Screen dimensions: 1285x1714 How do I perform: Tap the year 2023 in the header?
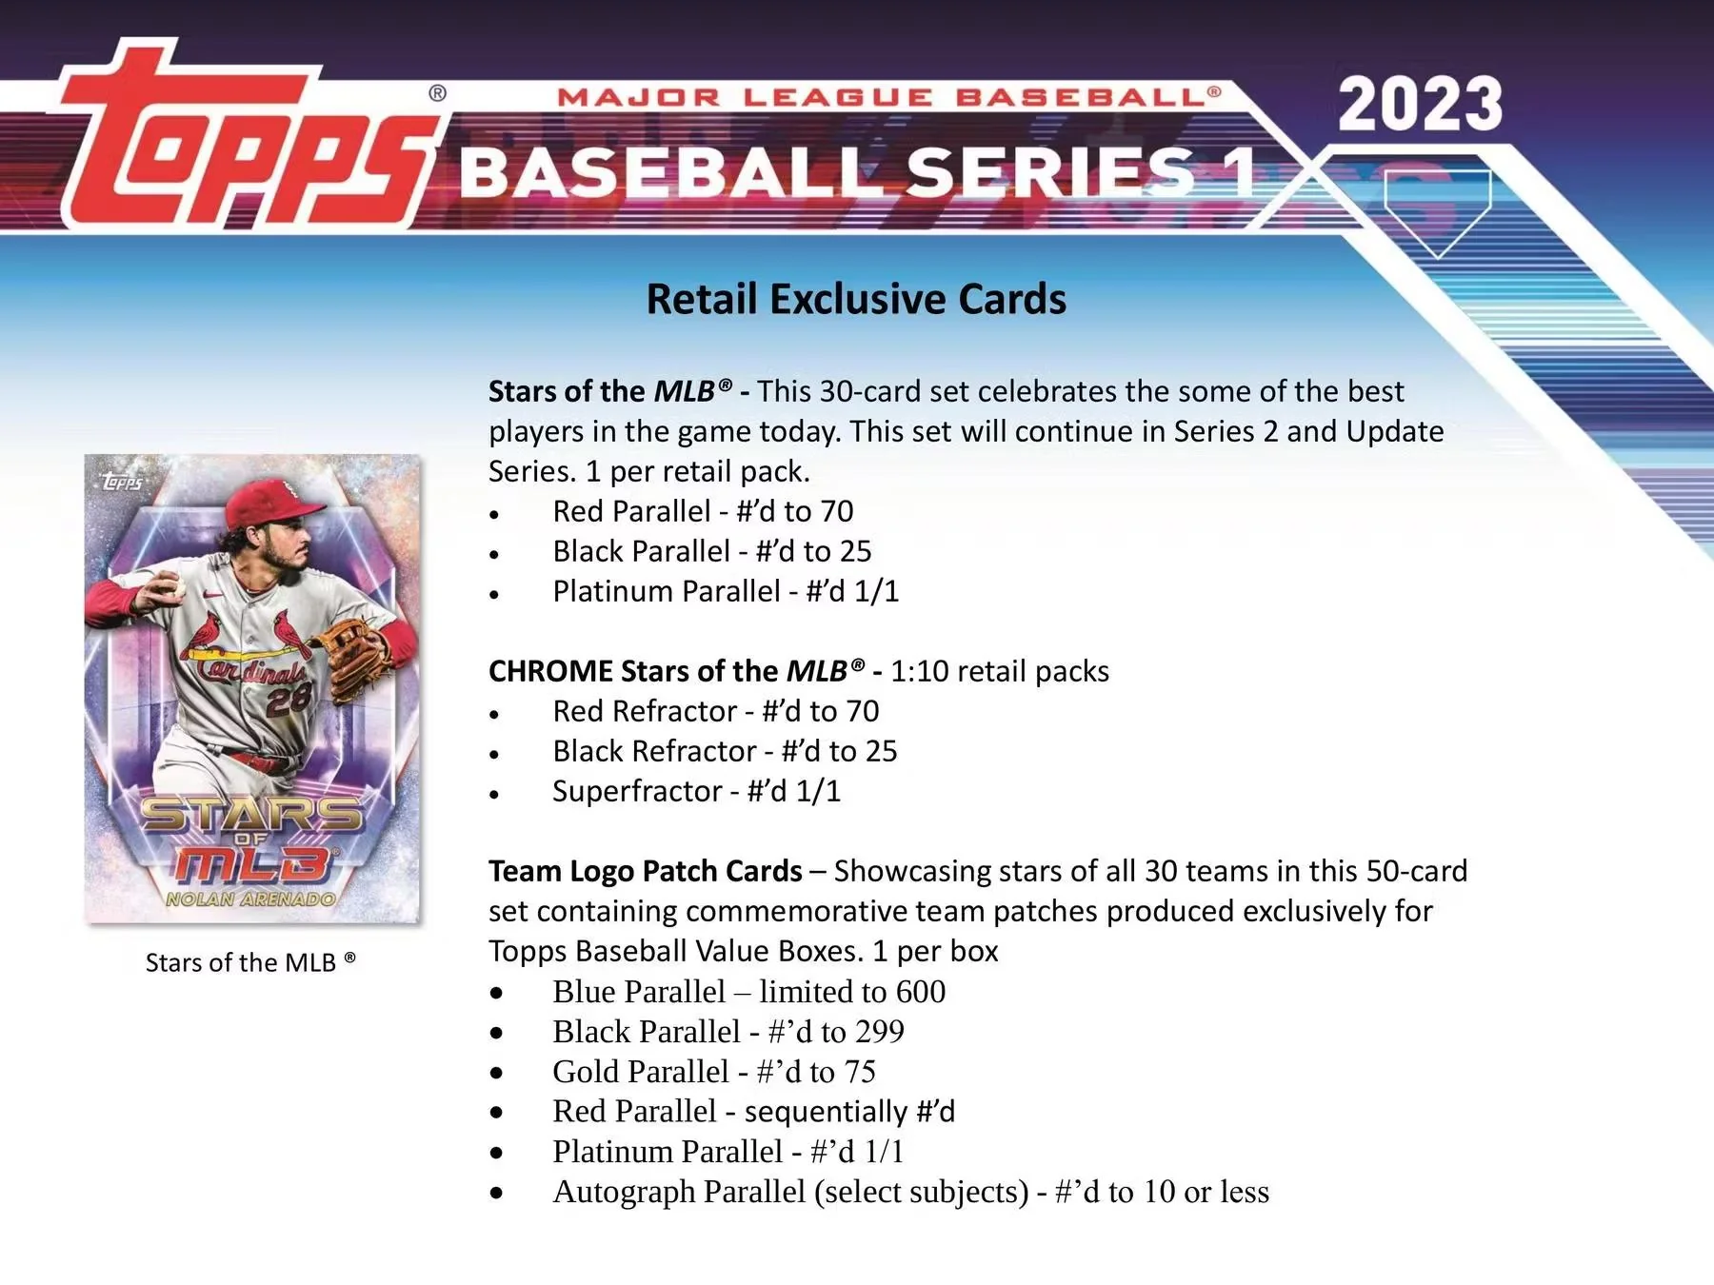click(1420, 105)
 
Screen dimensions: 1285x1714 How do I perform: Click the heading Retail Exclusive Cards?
click(856, 299)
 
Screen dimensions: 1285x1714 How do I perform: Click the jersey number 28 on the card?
click(288, 702)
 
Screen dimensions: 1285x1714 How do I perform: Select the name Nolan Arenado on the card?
click(251, 899)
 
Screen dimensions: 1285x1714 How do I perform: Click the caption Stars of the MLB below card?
click(250, 962)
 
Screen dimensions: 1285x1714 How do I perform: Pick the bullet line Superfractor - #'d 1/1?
click(696, 791)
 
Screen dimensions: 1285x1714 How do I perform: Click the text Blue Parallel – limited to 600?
click(748, 992)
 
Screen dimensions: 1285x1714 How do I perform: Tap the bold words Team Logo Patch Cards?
click(645, 871)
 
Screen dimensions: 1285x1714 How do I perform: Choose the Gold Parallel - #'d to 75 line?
click(713, 1072)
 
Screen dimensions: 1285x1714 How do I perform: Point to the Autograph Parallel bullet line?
click(910, 1192)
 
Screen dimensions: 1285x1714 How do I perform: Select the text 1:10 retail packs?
click(1000, 671)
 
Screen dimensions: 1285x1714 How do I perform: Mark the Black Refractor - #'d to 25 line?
click(725, 751)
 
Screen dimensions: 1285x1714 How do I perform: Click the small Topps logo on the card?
click(122, 482)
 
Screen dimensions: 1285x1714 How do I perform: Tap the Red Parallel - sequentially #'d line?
click(753, 1112)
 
